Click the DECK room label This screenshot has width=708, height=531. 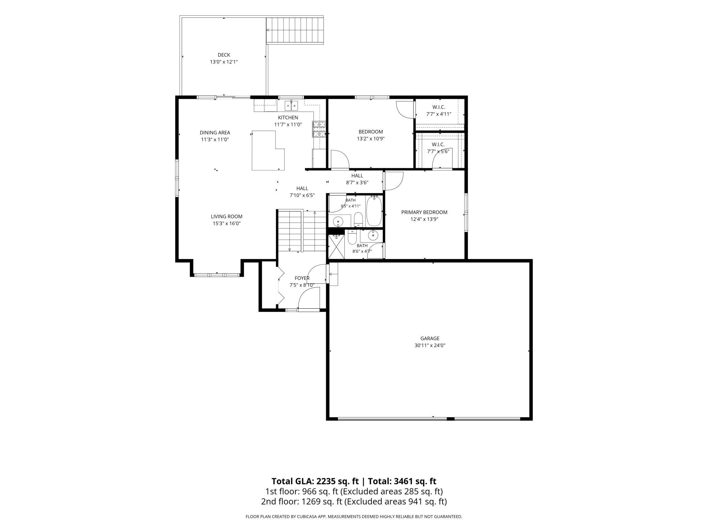coord(224,55)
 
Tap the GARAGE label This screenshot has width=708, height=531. coord(430,338)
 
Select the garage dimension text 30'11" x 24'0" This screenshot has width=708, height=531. coord(430,345)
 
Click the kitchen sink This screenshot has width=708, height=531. coord(291,106)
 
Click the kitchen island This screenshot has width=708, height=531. coord(268,150)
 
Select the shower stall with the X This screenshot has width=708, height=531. coord(336,247)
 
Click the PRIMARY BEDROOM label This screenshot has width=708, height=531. coord(424,212)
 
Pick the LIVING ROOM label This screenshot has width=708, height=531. coord(226,216)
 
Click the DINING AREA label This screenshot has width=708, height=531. coord(215,133)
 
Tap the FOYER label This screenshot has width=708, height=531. coord(302,278)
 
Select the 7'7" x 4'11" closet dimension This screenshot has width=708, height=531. coord(439,114)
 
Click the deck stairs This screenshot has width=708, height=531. coord(295,30)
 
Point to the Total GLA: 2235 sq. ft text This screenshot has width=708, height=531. coord(315,481)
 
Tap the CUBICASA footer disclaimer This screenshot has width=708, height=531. coord(354,517)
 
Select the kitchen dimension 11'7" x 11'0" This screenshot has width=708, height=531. coord(288,125)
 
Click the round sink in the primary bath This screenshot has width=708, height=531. coord(373,235)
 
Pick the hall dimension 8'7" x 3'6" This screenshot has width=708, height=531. coord(357,182)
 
